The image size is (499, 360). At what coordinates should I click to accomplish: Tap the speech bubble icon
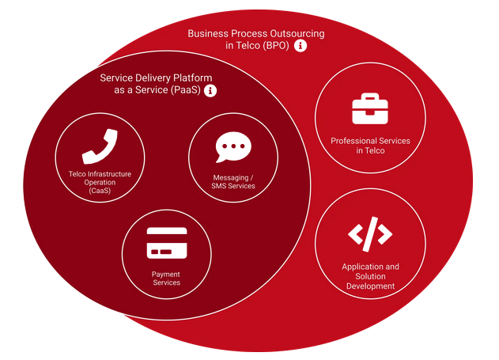point(233,147)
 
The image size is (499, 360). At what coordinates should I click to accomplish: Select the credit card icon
point(167,243)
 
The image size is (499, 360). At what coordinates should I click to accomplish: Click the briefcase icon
point(370,108)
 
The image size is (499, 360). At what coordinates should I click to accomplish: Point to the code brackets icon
point(370,234)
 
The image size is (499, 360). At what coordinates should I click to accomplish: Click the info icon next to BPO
point(301,46)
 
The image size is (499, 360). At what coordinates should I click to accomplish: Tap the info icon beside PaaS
point(210,90)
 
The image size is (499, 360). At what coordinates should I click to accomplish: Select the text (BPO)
point(275,46)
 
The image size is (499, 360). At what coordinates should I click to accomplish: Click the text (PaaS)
point(186,90)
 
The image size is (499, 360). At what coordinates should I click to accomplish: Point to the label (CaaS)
point(100,191)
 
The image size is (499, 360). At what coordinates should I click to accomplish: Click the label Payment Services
point(166,279)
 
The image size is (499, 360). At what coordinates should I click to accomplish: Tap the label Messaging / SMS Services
point(233,182)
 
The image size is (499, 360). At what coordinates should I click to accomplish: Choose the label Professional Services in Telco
point(370,146)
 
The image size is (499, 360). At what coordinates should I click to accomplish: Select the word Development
point(370,286)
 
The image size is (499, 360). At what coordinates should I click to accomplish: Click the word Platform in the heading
point(192,78)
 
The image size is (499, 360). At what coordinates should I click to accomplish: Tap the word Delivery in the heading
point(153,78)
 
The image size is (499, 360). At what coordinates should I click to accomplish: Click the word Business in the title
point(208,34)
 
